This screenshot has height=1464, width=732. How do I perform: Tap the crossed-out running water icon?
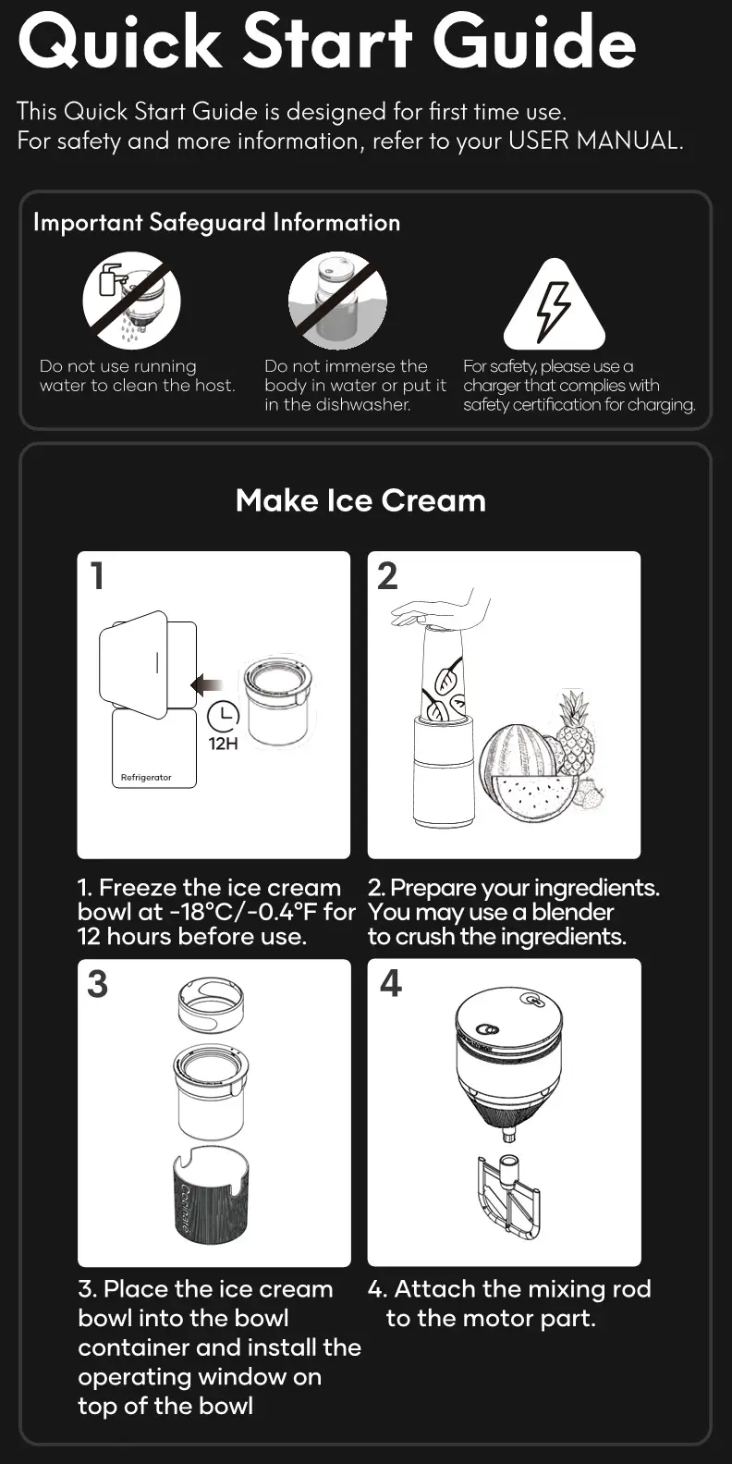131,301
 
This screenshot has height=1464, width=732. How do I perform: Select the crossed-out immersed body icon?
337,301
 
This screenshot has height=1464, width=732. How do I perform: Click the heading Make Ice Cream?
360,500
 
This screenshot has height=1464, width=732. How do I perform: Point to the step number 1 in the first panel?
97,576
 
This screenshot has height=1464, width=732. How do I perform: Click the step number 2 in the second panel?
387,576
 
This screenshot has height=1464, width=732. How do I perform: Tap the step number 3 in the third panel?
97,984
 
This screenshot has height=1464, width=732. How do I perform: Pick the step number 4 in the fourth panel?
391,983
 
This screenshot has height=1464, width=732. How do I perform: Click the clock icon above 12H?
224,715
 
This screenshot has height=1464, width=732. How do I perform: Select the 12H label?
224,744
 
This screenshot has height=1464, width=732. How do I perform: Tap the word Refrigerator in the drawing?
146,778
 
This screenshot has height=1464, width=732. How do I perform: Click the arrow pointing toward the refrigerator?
207,685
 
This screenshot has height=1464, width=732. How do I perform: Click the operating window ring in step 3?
211,1005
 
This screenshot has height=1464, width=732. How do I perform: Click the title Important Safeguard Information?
216,223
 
